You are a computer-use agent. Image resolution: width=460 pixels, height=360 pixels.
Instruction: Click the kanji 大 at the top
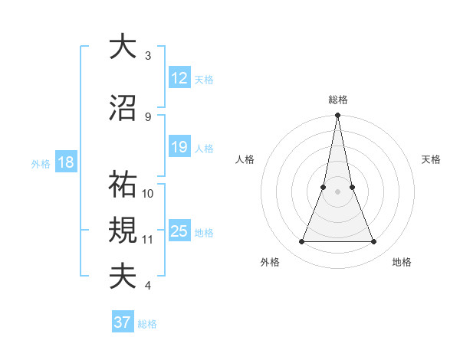click(x=123, y=47)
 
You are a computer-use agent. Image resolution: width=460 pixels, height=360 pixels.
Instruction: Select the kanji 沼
click(x=123, y=108)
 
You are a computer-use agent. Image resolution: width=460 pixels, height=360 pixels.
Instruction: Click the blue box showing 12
click(x=179, y=78)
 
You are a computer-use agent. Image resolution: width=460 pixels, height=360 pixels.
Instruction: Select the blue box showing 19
click(x=179, y=147)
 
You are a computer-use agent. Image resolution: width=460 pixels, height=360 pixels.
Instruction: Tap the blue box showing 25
click(x=179, y=231)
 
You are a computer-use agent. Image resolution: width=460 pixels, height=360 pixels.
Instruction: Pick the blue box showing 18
click(x=65, y=162)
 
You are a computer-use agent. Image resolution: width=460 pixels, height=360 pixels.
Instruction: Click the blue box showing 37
click(x=123, y=322)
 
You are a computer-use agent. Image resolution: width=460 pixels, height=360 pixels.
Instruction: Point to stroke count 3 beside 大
click(x=148, y=56)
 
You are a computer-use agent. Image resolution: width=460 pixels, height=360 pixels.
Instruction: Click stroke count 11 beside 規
click(x=148, y=240)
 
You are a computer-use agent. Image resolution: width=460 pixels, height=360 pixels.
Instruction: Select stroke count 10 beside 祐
click(x=148, y=193)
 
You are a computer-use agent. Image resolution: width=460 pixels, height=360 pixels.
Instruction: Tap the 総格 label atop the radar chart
click(x=338, y=100)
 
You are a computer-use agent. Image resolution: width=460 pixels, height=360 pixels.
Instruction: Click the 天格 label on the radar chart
click(x=432, y=159)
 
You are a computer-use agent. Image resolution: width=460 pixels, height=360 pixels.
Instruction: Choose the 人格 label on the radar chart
click(x=245, y=159)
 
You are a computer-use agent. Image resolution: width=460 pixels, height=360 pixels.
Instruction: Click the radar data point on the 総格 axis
click(x=337, y=116)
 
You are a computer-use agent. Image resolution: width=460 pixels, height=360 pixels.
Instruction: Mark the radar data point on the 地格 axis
click(x=374, y=242)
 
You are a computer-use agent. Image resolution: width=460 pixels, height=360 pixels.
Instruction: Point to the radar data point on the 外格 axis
click(x=301, y=242)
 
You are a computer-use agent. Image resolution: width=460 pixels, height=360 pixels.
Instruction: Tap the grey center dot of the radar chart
click(x=337, y=191)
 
